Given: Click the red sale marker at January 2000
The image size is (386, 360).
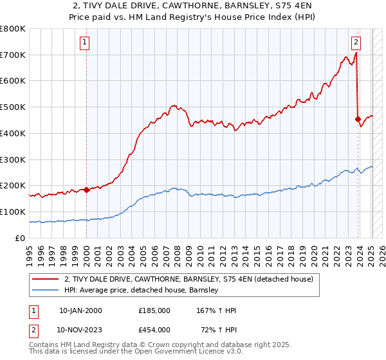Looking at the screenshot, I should coord(86,190).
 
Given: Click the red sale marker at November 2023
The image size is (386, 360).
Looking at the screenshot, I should coord(358,119).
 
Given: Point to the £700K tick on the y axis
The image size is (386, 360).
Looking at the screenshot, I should coord(12,55).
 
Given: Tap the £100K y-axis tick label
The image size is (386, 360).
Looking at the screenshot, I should coord(12,212).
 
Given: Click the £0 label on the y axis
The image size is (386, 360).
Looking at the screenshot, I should coord(21,238).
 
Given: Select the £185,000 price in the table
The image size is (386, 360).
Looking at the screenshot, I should coord(154,310).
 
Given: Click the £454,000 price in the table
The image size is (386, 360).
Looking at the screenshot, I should coord(154,329).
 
